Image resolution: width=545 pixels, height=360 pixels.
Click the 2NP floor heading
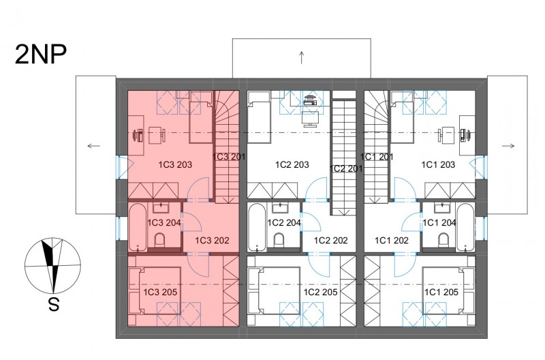pyautogui.click(x=41, y=55)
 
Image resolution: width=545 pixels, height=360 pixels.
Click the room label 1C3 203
pyautogui.click(x=175, y=164)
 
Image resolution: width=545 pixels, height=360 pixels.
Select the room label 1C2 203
pyautogui.click(x=292, y=164)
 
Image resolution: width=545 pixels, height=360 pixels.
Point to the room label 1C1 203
pyautogui.click(x=438, y=164)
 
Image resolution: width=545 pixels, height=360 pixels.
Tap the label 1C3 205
pyautogui.click(x=160, y=292)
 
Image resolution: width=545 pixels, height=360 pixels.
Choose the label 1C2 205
pyautogui.click(x=320, y=292)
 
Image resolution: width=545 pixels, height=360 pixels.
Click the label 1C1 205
pyautogui.click(x=441, y=292)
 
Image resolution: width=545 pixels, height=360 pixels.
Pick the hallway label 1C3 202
pyautogui.click(x=212, y=241)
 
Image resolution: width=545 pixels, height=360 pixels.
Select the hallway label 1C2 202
pyautogui.click(x=331, y=241)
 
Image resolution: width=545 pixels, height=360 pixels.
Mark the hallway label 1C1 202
pyautogui.click(x=392, y=241)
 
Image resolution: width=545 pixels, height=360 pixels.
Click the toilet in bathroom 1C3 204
pyautogui.click(x=160, y=241)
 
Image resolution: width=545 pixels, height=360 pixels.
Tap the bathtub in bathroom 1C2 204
pyautogui.click(x=257, y=228)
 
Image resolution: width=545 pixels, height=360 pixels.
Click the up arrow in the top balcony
pyautogui.click(x=301, y=57)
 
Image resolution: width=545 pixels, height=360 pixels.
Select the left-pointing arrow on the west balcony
pyautogui.click(x=94, y=146)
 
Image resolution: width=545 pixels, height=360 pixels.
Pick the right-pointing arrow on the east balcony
pyautogui.click(x=508, y=146)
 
